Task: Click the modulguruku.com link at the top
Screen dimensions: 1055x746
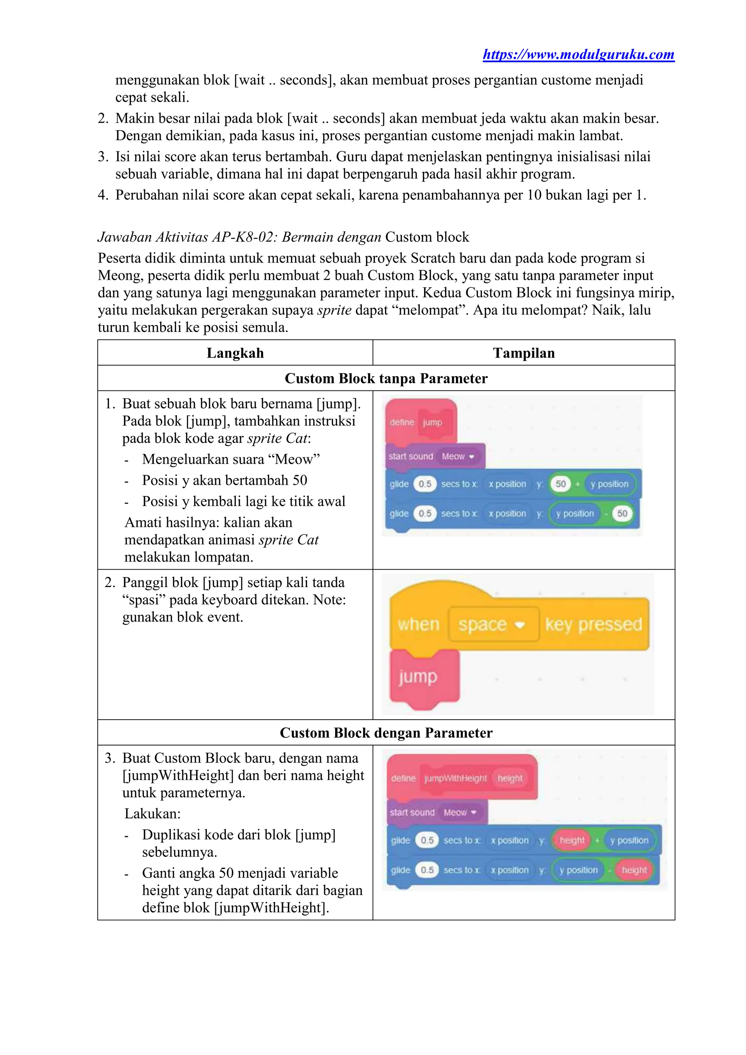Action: pyautogui.click(x=578, y=55)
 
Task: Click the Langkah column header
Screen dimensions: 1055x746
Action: pyautogui.click(x=235, y=353)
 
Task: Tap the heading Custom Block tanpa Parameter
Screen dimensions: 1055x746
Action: pyautogui.click(x=386, y=378)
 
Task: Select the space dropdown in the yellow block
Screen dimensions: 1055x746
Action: pyautogui.click(x=492, y=624)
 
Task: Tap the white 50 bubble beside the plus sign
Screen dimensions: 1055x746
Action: pyautogui.click(x=560, y=484)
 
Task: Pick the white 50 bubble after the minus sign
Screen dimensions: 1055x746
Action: pyautogui.click(x=622, y=513)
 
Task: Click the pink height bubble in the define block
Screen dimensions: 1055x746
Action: pyautogui.click(x=510, y=778)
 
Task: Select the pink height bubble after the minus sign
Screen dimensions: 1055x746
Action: pyautogui.click(x=634, y=870)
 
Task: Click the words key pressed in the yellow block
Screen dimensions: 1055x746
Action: pyautogui.click(x=593, y=624)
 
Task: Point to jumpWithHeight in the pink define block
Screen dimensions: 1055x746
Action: pyautogui.click(x=455, y=778)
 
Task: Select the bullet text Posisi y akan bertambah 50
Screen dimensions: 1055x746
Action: pyautogui.click(x=224, y=480)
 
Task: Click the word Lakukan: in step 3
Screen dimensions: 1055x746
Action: pyautogui.click(x=153, y=814)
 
